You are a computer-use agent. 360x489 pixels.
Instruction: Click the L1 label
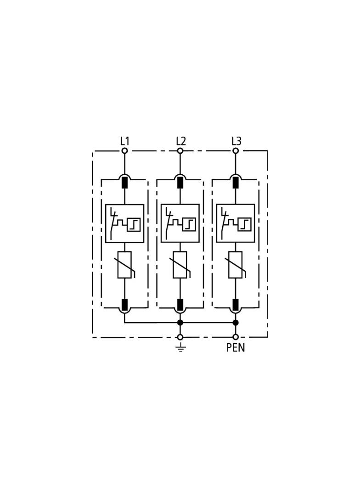pos(124,141)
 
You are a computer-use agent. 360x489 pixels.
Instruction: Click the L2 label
pos(180,141)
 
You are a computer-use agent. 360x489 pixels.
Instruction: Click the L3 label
pos(236,141)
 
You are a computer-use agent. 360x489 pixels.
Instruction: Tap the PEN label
pos(236,347)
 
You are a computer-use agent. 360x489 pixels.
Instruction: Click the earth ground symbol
pos(180,347)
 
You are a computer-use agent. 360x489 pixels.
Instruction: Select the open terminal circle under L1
pos(124,151)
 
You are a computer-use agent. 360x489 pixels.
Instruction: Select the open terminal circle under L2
pos(180,151)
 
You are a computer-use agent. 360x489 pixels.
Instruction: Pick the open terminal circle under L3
pos(236,151)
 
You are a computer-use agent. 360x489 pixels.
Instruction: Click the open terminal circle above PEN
pos(236,337)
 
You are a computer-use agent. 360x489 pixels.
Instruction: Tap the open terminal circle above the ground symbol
pos(180,337)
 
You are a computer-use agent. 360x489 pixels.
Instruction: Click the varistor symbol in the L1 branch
pos(124,265)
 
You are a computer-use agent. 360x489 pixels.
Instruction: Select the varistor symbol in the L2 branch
pos(180,265)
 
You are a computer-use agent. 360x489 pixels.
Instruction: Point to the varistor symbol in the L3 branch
pos(236,265)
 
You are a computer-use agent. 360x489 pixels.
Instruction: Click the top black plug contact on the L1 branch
pos(124,183)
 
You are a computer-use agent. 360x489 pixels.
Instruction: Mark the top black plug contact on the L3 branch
pos(236,183)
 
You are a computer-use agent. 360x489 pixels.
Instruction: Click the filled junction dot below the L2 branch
pos(180,322)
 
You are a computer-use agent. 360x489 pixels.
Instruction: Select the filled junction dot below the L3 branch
pos(236,322)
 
